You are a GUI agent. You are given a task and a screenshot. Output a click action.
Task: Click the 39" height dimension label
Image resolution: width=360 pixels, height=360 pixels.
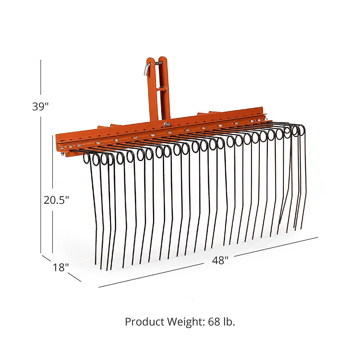click(x=40, y=106)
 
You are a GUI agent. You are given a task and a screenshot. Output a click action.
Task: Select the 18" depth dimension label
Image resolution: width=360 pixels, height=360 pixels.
click(x=61, y=267)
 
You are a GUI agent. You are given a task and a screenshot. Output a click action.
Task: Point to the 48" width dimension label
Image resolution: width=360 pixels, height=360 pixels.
click(x=220, y=260)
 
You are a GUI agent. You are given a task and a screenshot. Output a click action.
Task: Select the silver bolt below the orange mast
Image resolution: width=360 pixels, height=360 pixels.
click(x=166, y=123)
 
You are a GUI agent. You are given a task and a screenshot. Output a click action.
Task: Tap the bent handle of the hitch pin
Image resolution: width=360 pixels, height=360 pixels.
click(x=146, y=68)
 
